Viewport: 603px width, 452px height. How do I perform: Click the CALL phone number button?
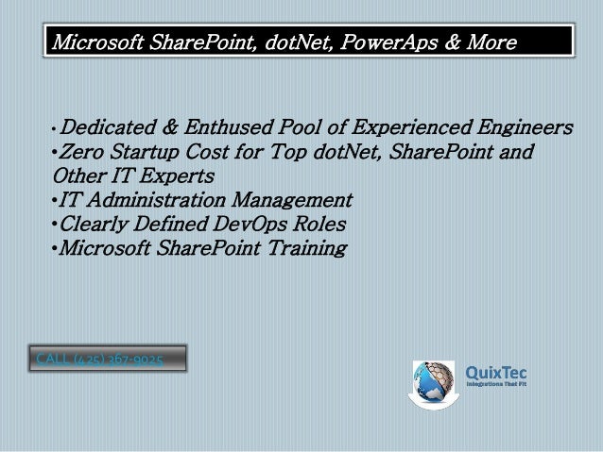coord(106,359)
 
